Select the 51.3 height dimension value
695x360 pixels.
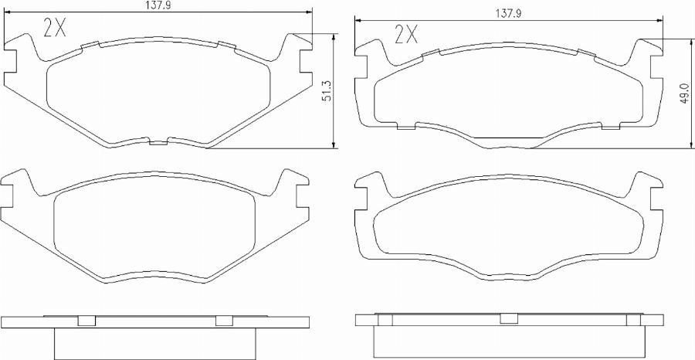[327, 91]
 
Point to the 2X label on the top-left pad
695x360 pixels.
[55, 29]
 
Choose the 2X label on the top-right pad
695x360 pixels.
[405, 34]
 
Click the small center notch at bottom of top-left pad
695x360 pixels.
[158, 142]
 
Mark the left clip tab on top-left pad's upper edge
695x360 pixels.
[91, 44]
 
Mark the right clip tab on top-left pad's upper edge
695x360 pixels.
[227, 44]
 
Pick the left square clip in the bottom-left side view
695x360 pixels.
[87, 321]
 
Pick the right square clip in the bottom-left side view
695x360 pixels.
[223, 321]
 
